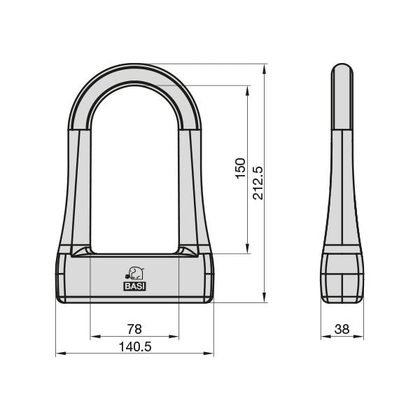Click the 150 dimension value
pos(239,169)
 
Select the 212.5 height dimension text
pos(258,183)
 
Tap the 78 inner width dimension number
pos(134,328)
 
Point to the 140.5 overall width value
pos(134,346)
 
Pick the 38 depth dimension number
pos(342,328)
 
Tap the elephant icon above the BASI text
pos(134,273)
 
